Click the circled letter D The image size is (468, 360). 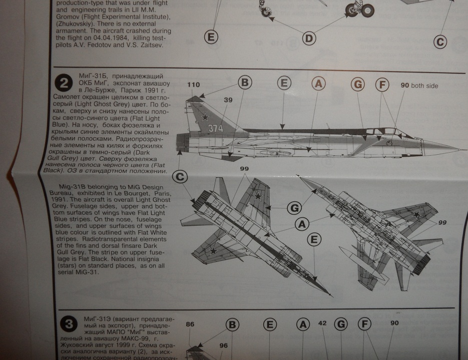309,38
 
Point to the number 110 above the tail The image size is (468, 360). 193,85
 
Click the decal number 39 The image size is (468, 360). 228,100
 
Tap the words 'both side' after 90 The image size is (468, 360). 424,86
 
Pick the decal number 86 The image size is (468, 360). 190,324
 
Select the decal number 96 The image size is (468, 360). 223,345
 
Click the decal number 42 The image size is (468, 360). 322,323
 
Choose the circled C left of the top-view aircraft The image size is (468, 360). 181,176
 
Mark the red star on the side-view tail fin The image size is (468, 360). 205,118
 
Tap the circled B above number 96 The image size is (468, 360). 232,325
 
